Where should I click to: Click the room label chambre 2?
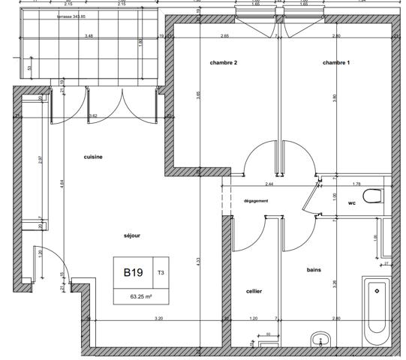tap(224, 63)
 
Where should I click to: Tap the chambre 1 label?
tap(336, 63)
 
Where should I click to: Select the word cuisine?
tap(93, 157)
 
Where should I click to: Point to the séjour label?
tap(132, 235)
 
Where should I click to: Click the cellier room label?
tap(254, 291)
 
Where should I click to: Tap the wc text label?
tap(351, 203)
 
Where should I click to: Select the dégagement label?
tap(256, 201)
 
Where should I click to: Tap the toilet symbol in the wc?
tap(373, 197)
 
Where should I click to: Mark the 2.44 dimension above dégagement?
tap(269, 184)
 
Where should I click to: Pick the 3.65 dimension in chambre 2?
tap(199, 95)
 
